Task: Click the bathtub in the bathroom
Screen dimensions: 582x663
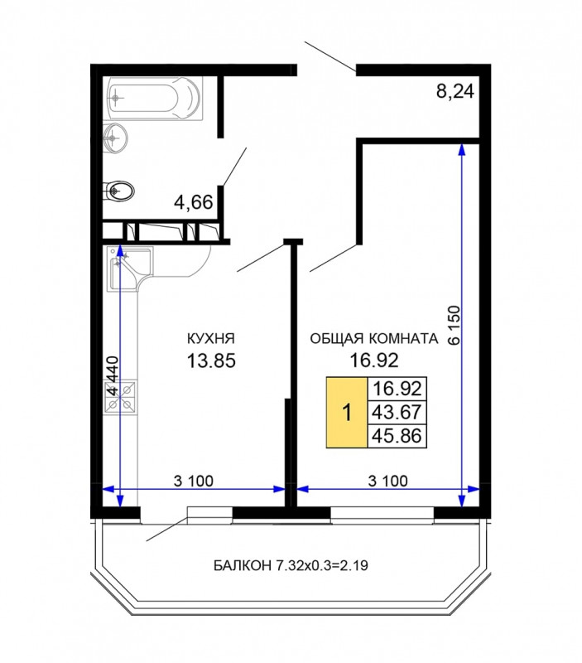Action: point(155,98)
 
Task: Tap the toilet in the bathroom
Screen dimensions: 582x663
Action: point(118,191)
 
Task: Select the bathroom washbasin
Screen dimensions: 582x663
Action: point(115,137)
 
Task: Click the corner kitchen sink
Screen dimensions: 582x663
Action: point(129,269)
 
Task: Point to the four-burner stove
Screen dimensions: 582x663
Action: point(121,396)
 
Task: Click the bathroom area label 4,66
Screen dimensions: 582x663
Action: point(194,202)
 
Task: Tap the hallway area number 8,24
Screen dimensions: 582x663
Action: point(455,91)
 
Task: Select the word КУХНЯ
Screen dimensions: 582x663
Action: point(211,339)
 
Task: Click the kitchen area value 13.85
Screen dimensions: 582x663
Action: point(211,361)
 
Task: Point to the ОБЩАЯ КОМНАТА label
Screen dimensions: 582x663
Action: point(374,339)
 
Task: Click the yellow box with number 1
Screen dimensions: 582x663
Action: point(347,412)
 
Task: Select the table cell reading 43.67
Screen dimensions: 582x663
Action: point(397,412)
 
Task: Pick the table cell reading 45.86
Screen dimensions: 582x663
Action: point(397,436)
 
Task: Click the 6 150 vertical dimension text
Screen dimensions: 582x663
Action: point(454,325)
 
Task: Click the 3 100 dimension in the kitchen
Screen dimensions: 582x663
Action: point(194,481)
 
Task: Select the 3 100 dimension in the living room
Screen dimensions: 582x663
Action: point(388,481)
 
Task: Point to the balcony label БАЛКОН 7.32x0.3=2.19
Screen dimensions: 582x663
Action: point(291,565)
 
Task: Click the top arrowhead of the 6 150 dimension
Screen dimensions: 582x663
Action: point(462,149)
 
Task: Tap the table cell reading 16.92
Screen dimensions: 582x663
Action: point(397,388)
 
